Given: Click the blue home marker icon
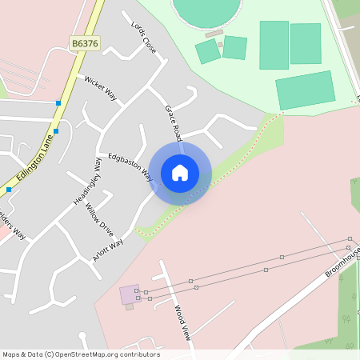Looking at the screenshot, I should click(x=180, y=173).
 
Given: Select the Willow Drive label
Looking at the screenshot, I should click(x=99, y=217).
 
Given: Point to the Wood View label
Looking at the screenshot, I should click(x=182, y=322).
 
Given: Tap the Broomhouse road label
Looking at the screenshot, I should click(x=342, y=262).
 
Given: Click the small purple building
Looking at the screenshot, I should click(x=128, y=294).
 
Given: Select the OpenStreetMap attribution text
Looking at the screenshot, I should click(x=81, y=354).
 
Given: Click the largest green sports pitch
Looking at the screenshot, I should click(x=305, y=90).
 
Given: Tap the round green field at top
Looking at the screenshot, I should click(x=207, y=10).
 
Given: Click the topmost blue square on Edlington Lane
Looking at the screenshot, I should click(x=58, y=102).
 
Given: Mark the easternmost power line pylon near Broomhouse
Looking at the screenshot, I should click(x=350, y=238).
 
